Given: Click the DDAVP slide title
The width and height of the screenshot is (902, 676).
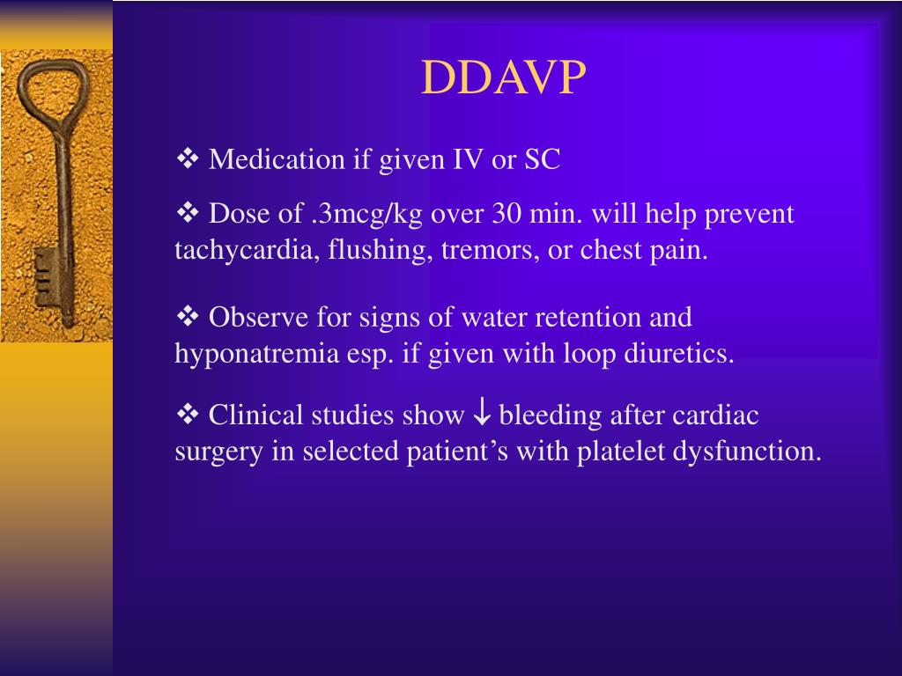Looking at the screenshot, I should tap(503, 79).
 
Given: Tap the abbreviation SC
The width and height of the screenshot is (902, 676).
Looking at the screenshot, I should tap(543, 159).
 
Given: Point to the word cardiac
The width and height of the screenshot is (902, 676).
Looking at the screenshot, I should tap(715, 415).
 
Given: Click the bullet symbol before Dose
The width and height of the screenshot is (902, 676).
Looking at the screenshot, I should tap(189, 213).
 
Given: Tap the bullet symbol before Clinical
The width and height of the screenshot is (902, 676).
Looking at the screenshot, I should tap(189, 414).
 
